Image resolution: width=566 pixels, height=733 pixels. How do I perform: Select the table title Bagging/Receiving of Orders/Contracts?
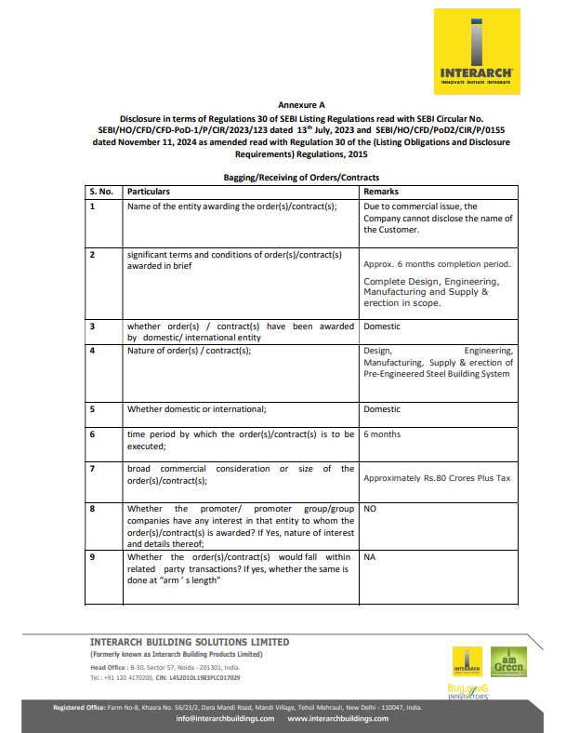301,177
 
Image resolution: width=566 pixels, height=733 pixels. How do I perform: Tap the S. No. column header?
100,191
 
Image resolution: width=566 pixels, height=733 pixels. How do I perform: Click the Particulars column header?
149,191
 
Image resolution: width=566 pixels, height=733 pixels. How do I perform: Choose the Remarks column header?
381,191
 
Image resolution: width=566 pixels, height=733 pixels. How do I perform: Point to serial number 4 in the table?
92,351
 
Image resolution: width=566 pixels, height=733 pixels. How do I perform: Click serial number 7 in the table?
92,469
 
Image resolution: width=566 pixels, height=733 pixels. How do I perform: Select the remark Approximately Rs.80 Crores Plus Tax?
437,478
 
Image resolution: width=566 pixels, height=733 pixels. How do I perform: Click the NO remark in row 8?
370,510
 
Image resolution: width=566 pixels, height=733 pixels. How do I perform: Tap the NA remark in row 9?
370,557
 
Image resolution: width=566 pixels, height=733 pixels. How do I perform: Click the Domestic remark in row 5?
382,409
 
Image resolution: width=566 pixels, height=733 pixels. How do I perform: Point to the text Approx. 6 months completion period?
437,264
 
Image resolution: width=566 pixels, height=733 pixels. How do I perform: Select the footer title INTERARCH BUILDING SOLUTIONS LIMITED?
190,642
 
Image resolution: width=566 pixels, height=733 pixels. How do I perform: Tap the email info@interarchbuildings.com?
225,718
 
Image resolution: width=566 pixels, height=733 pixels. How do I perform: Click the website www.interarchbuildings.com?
338,718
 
